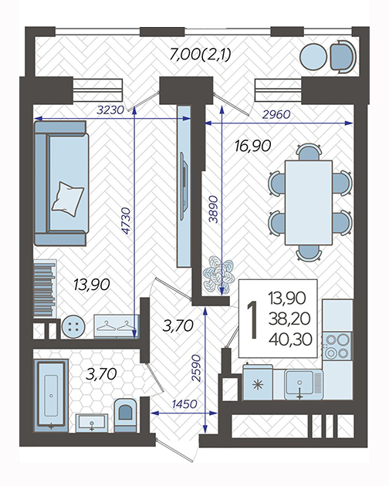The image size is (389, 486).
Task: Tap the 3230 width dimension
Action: click(x=110, y=110)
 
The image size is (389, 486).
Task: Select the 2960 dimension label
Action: click(x=276, y=115)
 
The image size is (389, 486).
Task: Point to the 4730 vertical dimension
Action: click(x=127, y=221)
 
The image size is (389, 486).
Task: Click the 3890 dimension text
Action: click(x=214, y=210)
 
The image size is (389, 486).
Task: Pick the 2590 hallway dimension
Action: click(x=196, y=368)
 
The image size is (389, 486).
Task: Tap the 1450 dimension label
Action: click(x=184, y=404)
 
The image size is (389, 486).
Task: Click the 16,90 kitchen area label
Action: click(x=253, y=146)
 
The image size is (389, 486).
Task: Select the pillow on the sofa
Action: click(x=68, y=199)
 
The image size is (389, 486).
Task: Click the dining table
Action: click(x=309, y=203)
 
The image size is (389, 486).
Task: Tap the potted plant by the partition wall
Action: click(x=218, y=275)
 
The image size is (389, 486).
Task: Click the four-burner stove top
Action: click(x=337, y=346)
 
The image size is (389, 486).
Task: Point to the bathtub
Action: click(x=51, y=395)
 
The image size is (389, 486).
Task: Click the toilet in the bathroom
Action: click(x=126, y=415)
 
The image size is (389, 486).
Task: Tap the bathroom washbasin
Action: click(x=92, y=423)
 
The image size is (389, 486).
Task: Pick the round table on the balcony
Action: click(x=313, y=57)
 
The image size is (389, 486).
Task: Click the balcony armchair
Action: click(x=343, y=57)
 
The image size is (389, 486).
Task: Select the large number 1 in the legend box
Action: click(x=252, y=319)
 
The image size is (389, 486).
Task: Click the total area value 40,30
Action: click(x=291, y=339)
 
